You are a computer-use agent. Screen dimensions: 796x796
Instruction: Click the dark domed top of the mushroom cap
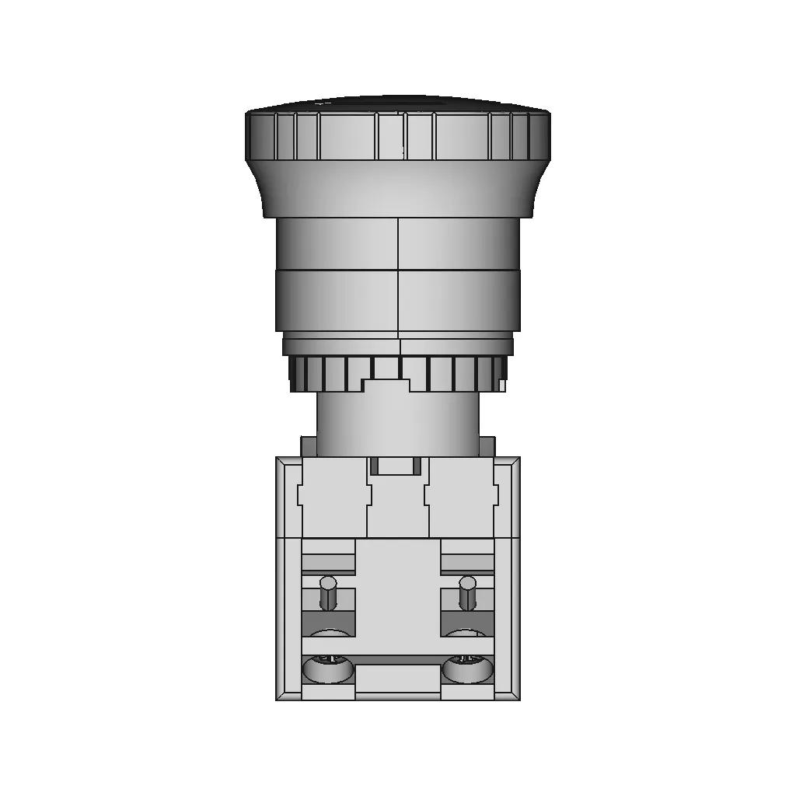tap(398, 104)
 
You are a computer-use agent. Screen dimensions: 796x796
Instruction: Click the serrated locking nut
tap(326, 373)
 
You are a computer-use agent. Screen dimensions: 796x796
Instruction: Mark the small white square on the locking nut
tap(503, 385)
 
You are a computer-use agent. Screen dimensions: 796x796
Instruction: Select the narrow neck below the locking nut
tap(398, 424)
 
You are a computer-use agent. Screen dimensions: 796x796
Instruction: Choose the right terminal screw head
tap(467, 667)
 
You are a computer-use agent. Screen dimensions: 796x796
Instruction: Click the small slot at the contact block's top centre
tap(397, 466)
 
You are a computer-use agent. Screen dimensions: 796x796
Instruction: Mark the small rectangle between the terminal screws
tap(398, 678)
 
